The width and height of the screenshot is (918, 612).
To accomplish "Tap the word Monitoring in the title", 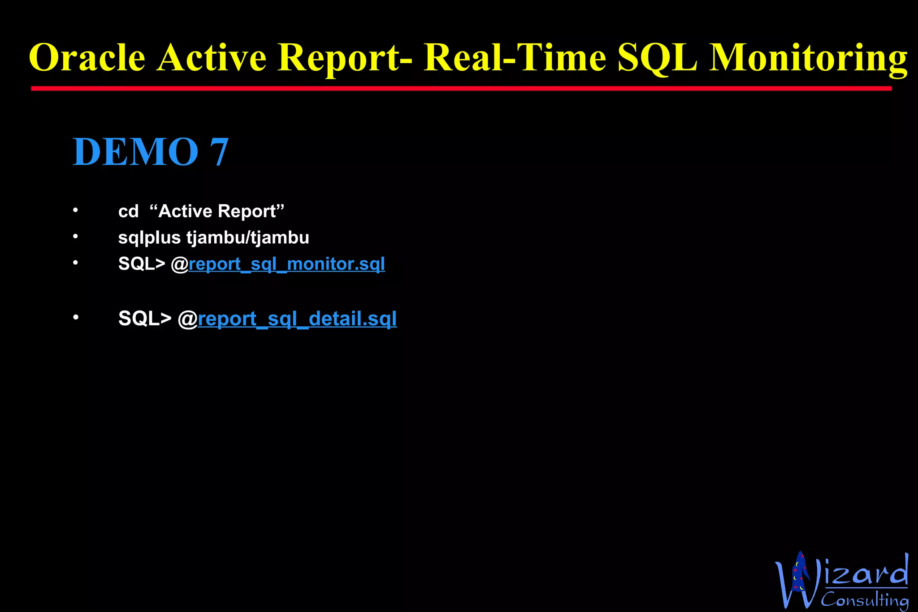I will (x=808, y=58).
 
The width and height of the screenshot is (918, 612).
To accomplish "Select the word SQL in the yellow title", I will (x=657, y=58).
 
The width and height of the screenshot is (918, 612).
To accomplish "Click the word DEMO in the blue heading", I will (x=135, y=152).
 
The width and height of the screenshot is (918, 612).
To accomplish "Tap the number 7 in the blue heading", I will (x=220, y=152).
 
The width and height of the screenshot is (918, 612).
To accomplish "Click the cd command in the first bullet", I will (x=128, y=211).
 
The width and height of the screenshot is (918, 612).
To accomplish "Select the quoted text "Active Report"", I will (x=217, y=211).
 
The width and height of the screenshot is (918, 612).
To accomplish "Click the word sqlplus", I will (x=149, y=238).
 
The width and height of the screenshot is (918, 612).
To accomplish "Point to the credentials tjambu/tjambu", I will (x=248, y=237).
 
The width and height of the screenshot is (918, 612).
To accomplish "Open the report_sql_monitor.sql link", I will (x=287, y=264).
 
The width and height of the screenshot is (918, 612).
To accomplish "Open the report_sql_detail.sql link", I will (x=297, y=319).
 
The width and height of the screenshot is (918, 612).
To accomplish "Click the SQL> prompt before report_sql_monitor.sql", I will (x=142, y=264).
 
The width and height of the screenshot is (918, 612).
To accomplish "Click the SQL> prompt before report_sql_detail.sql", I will (x=145, y=319).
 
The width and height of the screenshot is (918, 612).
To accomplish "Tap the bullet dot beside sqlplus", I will (x=76, y=236).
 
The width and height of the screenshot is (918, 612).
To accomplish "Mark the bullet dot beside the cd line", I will (x=76, y=210).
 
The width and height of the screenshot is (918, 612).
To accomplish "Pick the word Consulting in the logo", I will (x=864, y=599).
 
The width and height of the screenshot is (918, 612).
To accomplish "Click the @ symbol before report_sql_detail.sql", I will (x=188, y=319).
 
